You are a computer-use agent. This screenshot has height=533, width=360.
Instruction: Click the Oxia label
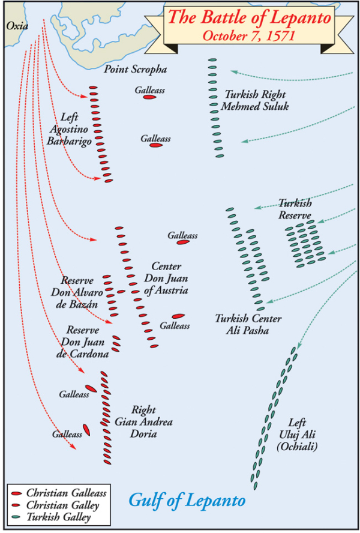[17, 25]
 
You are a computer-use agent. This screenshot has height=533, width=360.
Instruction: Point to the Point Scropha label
[135, 70]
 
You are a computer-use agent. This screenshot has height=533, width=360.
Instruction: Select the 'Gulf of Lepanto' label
[187, 499]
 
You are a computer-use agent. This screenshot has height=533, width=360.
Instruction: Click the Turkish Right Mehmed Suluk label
[254, 100]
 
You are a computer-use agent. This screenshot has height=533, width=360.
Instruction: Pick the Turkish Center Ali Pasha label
[248, 324]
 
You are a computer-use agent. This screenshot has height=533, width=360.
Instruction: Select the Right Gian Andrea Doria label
[143, 422]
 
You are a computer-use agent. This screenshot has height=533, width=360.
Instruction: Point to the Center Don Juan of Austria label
[166, 279]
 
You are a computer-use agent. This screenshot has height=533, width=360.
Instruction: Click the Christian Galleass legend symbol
[16, 493]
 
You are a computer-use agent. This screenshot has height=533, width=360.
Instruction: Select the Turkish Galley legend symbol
[16, 516]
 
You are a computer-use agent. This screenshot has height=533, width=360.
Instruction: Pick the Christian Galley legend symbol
[16, 505]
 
